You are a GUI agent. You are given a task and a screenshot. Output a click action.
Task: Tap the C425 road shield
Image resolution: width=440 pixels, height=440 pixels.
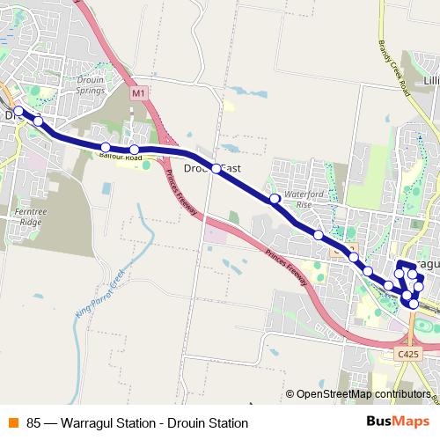(x=407, y=353)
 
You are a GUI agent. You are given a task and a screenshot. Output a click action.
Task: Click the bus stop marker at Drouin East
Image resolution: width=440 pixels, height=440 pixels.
(x=216, y=168)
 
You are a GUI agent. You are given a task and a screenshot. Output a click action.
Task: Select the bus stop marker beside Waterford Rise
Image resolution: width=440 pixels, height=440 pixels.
(x=275, y=199)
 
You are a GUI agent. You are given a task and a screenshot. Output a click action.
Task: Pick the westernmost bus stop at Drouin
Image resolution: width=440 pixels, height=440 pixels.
(x=18, y=111)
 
